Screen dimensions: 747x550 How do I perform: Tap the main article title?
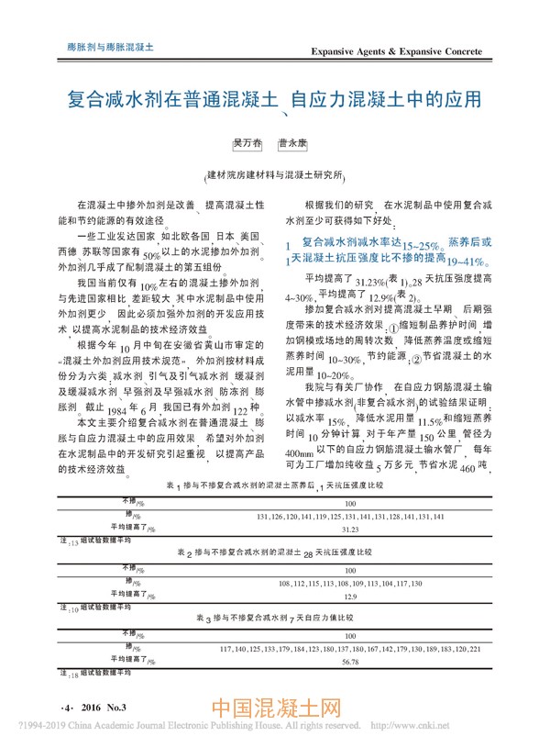coord(276,99)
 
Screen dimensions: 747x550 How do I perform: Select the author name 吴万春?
coord(245,144)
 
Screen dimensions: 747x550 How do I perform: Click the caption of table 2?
coord(275,553)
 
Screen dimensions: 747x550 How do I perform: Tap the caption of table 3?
coord(275,619)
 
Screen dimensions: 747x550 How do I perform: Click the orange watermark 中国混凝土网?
coord(276,711)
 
